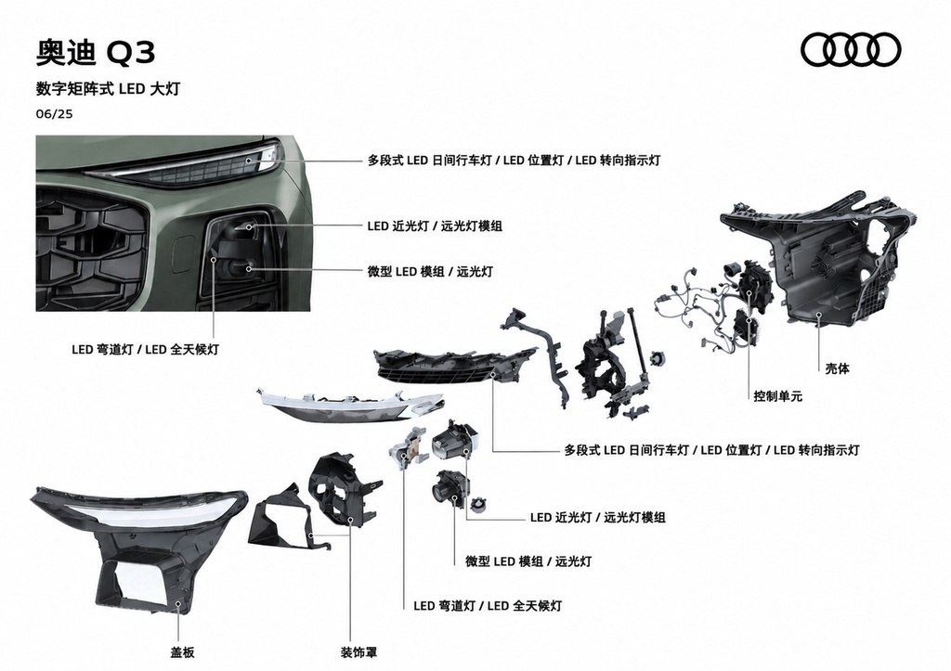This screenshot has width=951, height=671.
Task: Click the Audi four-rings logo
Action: point(851,50)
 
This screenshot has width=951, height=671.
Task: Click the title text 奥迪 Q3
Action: point(96,52)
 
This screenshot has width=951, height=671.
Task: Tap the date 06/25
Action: point(54,113)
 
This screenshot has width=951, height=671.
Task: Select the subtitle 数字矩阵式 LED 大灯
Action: point(108,88)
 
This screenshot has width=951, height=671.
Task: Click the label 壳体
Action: point(837,368)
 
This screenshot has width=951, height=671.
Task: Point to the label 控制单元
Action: point(777,395)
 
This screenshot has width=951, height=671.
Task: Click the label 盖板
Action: point(182,652)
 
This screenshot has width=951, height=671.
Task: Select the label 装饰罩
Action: point(358,652)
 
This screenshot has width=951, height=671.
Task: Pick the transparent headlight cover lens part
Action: point(138,546)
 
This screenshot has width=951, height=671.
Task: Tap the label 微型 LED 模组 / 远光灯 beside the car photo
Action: point(430,271)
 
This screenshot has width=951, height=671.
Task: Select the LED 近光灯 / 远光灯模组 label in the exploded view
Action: point(597,517)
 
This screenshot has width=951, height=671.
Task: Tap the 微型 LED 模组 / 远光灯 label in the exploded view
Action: point(528,561)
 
